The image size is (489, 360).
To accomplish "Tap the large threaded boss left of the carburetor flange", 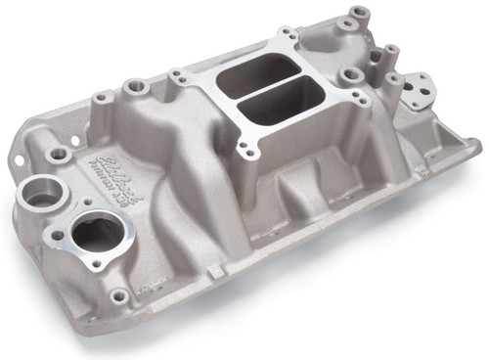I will tap(135, 89).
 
